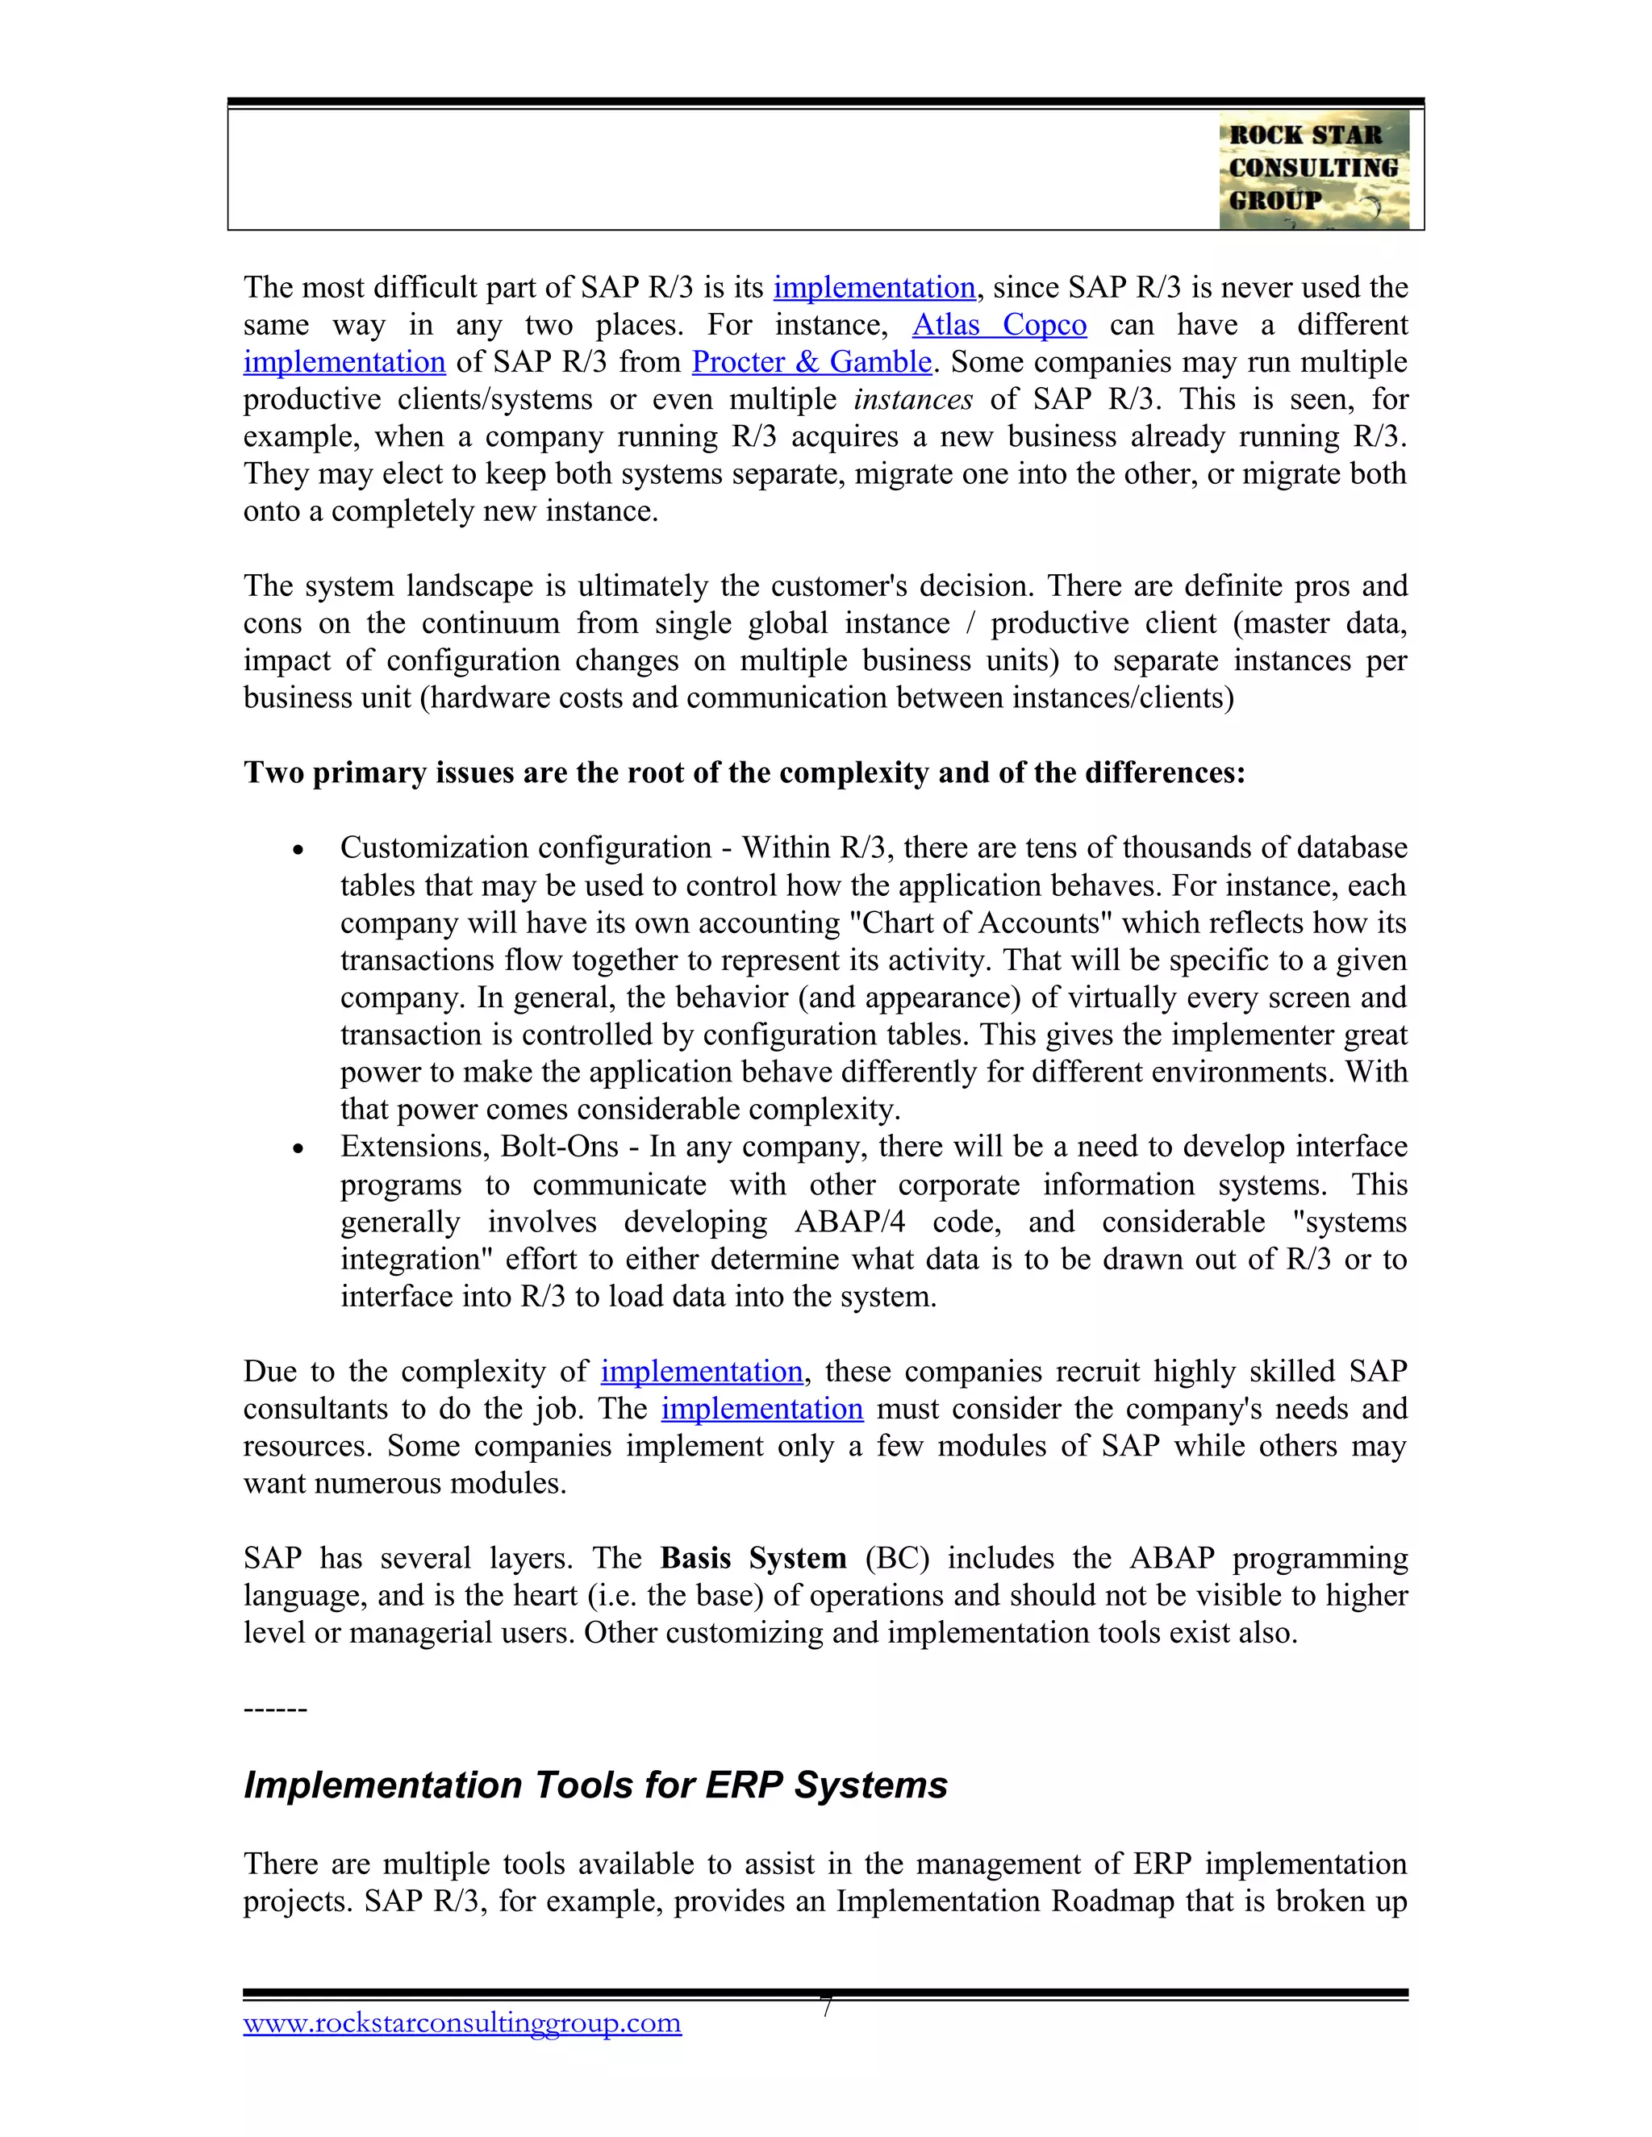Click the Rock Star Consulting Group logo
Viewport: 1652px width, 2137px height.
click(x=1313, y=169)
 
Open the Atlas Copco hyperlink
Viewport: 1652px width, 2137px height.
click(x=999, y=325)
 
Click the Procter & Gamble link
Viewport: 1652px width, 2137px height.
click(x=811, y=362)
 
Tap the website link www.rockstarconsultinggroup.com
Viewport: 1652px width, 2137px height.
click(x=462, y=2022)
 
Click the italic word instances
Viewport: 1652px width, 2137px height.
click(x=913, y=399)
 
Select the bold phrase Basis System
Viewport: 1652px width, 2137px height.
click(x=753, y=1558)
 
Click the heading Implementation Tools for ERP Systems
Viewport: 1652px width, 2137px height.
click(x=595, y=1785)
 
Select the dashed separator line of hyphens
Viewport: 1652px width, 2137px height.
click(x=275, y=1709)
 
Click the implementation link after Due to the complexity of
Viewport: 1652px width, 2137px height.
click(x=702, y=1372)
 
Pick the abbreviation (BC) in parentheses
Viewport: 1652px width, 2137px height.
click(x=896, y=1558)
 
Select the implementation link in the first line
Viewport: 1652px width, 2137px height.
click(x=874, y=288)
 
